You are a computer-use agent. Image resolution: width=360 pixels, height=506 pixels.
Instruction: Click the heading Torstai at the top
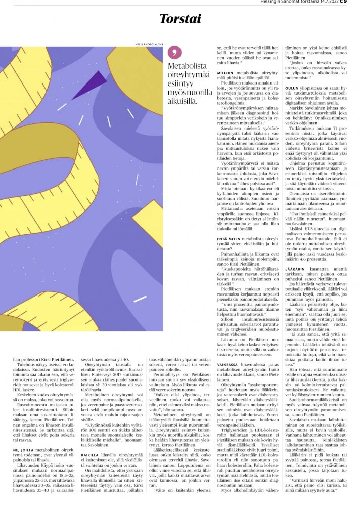181,18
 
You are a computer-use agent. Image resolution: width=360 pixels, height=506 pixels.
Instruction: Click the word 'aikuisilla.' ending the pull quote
183,106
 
